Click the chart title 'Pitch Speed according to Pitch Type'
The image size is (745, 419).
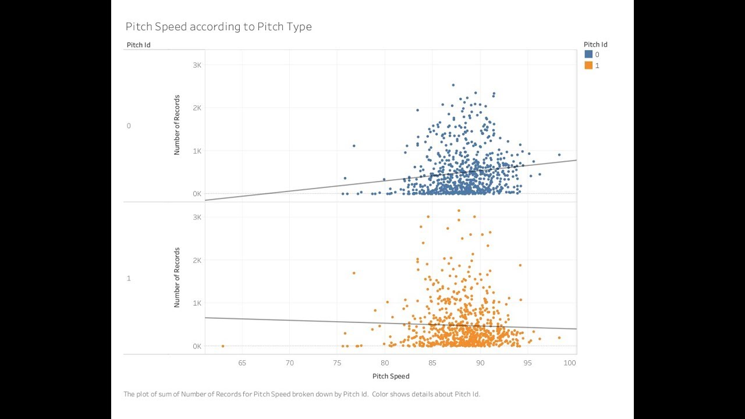coord(218,27)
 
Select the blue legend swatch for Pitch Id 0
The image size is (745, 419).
coord(588,55)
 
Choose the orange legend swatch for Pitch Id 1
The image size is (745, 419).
coord(588,66)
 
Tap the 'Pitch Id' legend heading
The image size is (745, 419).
coord(595,44)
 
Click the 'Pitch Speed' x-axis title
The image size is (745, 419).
coord(391,376)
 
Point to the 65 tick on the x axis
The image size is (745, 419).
coord(242,363)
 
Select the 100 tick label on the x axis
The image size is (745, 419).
coord(570,363)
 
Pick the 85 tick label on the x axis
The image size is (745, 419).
coord(432,363)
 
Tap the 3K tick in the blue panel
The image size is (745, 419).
coord(197,65)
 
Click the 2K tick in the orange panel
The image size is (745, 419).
coord(197,260)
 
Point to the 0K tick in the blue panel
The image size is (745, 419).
coord(197,194)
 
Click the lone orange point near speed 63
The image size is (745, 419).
coord(223,346)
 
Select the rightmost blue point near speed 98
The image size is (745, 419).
coord(559,155)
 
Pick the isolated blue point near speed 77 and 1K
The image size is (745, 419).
coord(354,146)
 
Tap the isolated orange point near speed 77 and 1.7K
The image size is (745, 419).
coord(354,273)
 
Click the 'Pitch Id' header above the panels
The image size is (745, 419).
coord(139,45)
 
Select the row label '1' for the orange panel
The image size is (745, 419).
coord(129,278)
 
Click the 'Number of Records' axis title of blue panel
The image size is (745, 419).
coord(177,125)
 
